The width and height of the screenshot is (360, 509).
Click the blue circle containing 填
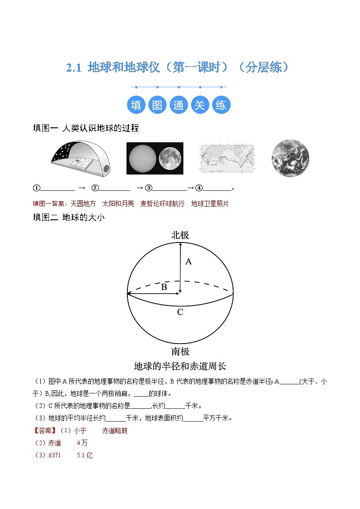point(136,105)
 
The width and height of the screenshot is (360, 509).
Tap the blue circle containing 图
point(157,105)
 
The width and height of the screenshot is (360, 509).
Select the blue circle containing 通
point(178,105)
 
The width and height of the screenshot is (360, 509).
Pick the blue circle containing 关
point(199,105)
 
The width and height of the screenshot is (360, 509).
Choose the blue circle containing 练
point(221,105)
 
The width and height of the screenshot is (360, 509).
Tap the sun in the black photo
point(141,159)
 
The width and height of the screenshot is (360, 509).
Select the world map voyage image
point(227,159)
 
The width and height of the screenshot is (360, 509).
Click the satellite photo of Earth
point(290,158)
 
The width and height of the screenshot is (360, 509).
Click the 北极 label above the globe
point(180,235)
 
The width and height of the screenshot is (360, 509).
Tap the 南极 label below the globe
point(180,351)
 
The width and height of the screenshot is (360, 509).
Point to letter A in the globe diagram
point(189,262)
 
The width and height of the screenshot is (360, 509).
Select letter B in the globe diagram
point(164,287)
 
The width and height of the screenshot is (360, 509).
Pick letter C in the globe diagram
point(180,312)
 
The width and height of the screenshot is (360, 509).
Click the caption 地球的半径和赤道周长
point(180,366)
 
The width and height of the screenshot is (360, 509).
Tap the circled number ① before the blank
point(37,188)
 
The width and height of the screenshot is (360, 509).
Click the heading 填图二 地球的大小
point(69,218)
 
